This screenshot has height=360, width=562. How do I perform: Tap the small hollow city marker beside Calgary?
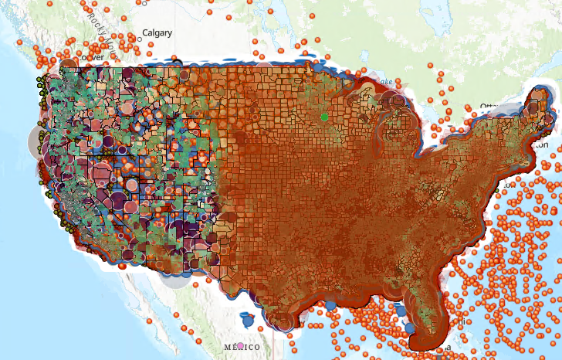132,35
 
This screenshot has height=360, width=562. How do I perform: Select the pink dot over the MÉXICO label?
241,345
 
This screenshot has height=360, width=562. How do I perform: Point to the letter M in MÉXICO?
226,348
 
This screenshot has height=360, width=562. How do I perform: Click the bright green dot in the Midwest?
324,117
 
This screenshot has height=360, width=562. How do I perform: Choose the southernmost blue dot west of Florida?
410,328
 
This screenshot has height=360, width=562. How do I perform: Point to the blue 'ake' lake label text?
385,81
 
